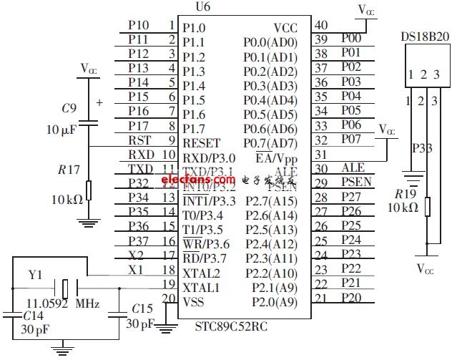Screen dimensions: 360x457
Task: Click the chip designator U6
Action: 202,6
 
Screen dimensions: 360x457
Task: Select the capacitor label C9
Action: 69,109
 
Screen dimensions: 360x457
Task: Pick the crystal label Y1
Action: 36,273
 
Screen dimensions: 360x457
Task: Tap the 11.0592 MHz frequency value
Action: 62,303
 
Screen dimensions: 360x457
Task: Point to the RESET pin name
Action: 202,143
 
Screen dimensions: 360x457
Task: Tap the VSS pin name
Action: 194,301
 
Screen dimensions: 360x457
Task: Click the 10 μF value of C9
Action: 61,130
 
